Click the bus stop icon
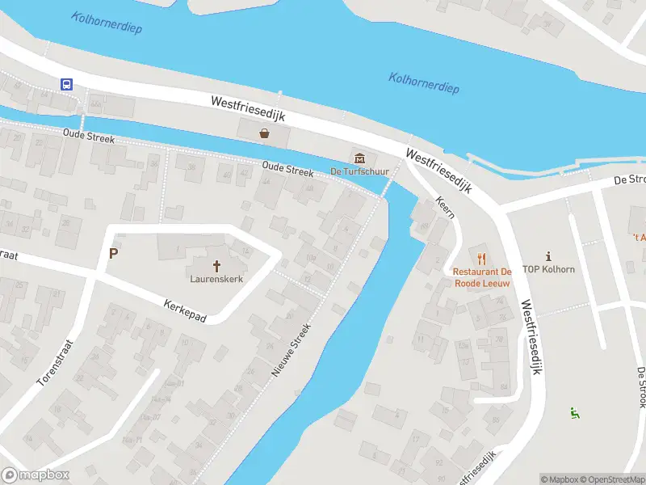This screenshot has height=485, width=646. pos(66,83)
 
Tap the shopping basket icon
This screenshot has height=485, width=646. pos(264,134)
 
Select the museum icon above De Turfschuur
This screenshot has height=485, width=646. pos(359,157)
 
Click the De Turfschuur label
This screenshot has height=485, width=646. pos(359,171)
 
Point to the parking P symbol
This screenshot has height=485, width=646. pos(114,253)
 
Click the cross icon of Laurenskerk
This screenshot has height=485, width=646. pos(216,265)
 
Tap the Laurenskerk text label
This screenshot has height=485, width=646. pos(216,279)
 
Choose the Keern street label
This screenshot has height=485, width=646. pos(445,207)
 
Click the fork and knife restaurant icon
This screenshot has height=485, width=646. pos(482,258)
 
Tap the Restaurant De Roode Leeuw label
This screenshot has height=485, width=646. pos(482,277)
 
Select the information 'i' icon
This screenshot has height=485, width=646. pos(548,255)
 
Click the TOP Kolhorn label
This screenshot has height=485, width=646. pos(548,269)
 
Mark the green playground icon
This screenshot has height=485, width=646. pos(574,413)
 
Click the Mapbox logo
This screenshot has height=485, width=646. pos(35,475)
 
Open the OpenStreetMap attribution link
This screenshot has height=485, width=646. pos(612,479)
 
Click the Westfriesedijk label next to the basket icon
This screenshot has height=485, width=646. pos(248,112)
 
